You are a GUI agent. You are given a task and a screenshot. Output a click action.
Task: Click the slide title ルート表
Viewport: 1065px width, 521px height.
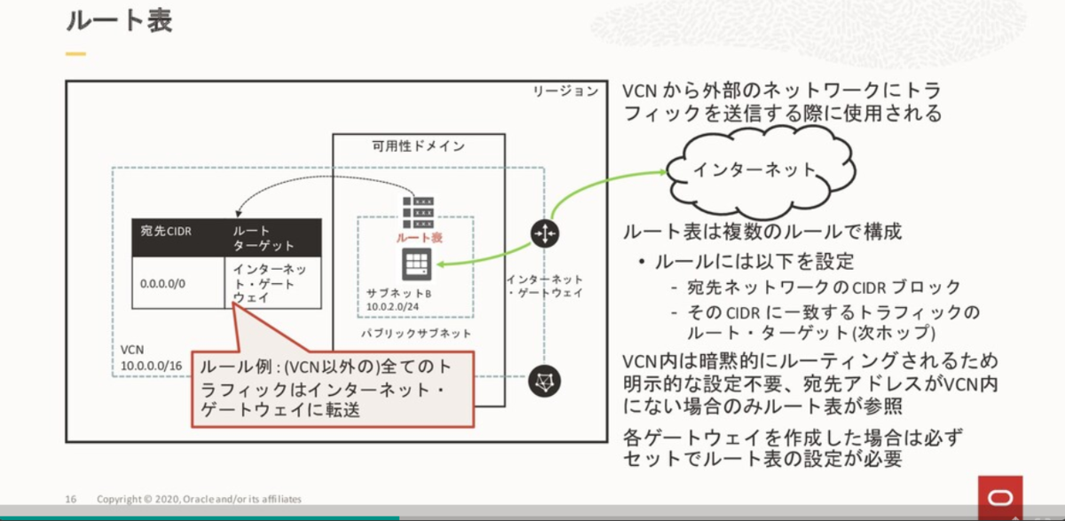tap(119, 21)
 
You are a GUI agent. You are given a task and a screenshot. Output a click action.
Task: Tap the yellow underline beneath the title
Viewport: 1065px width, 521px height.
tap(75, 54)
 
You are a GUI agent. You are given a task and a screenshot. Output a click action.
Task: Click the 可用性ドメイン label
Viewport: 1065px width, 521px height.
tap(418, 146)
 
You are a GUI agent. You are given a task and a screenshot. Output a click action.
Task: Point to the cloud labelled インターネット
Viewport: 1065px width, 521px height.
tap(753, 170)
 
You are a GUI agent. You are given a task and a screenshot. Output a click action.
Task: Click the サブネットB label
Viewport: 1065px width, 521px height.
tap(398, 293)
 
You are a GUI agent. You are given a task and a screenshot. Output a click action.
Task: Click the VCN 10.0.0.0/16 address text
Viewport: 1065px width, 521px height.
tap(151, 357)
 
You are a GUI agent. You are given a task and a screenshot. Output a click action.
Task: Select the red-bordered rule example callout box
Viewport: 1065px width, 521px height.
tap(332, 389)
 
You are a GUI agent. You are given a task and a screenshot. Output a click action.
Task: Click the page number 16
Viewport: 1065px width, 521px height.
tap(71, 497)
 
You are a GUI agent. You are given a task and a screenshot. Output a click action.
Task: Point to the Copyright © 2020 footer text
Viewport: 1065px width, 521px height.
tap(199, 497)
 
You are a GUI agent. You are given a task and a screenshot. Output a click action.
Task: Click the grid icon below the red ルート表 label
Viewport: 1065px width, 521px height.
tap(414, 264)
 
